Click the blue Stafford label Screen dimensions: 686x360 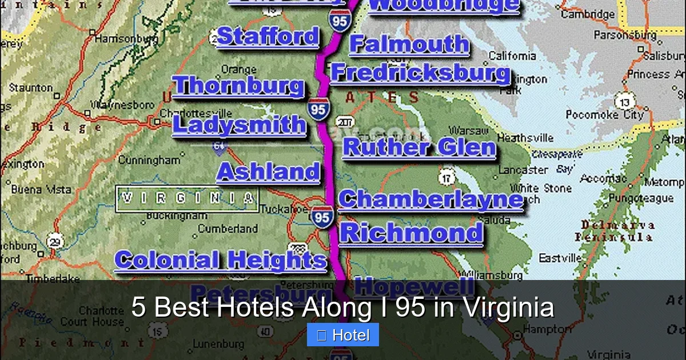[x=268, y=37]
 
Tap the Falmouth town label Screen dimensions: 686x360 [x=408, y=45]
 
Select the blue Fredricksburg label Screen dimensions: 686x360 [x=420, y=73]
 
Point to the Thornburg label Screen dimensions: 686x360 [x=238, y=86]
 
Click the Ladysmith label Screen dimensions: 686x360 [x=239, y=125]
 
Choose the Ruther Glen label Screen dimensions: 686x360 [x=419, y=147]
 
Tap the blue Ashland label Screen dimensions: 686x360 [x=268, y=172]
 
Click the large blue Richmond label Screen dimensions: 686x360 [x=411, y=233]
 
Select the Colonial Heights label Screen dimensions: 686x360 [x=220, y=260]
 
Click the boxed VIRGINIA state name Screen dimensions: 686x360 [x=187, y=198]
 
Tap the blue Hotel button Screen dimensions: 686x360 [x=343, y=335]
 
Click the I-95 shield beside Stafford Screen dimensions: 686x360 [x=340, y=22]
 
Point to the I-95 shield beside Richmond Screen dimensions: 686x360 [x=322, y=217]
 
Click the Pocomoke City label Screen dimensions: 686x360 [x=604, y=115]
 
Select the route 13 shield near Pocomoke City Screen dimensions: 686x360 [x=625, y=102]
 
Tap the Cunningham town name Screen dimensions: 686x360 [x=149, y=160]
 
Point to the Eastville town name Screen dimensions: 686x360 [x=560, y=258]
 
